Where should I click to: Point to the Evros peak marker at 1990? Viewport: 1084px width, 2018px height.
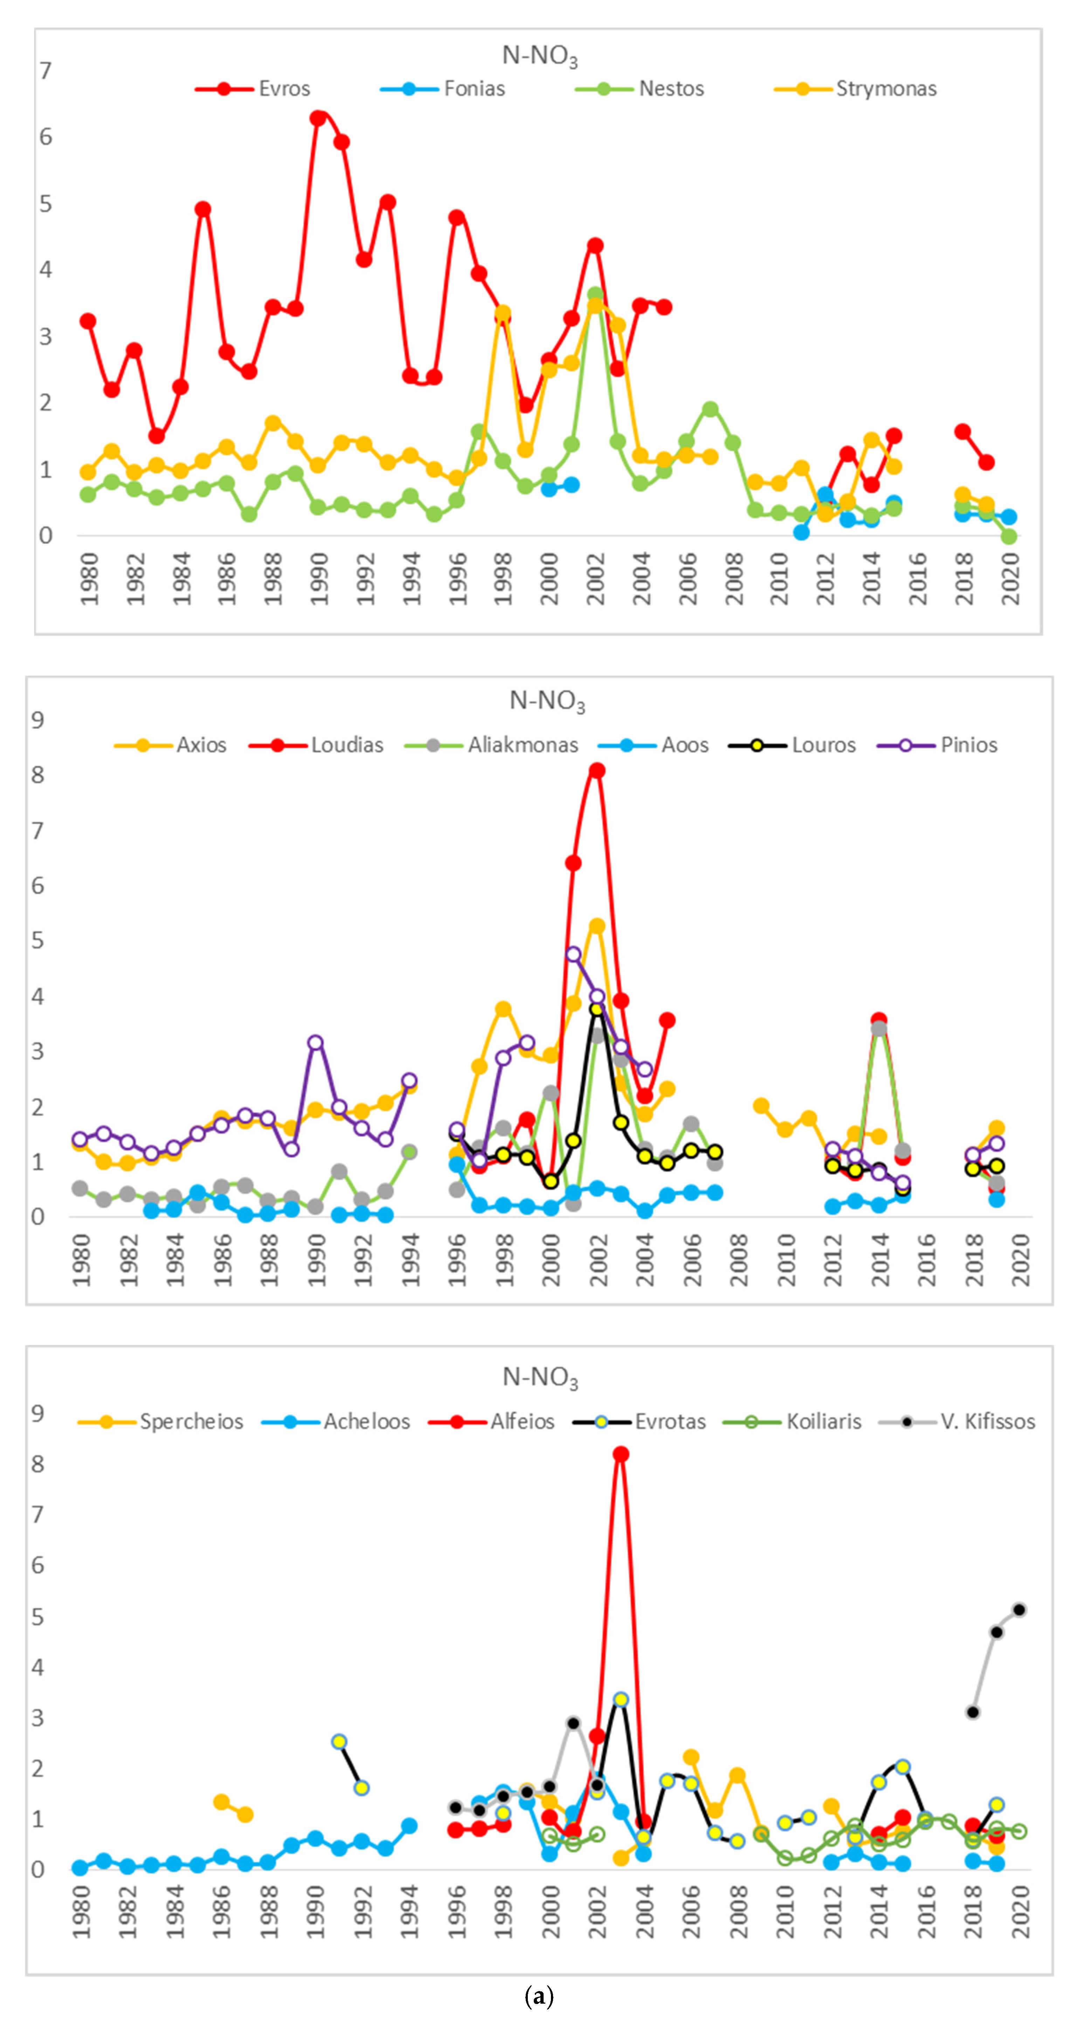point(317,118)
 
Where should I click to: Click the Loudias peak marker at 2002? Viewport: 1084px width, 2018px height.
point(597,771)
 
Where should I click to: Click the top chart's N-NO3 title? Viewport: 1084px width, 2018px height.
point(540,56)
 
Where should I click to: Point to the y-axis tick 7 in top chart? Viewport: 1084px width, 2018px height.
point(46,71)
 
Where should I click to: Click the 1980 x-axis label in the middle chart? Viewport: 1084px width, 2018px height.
point(81,1260)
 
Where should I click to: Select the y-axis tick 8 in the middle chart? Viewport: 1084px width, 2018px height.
point(37,775)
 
